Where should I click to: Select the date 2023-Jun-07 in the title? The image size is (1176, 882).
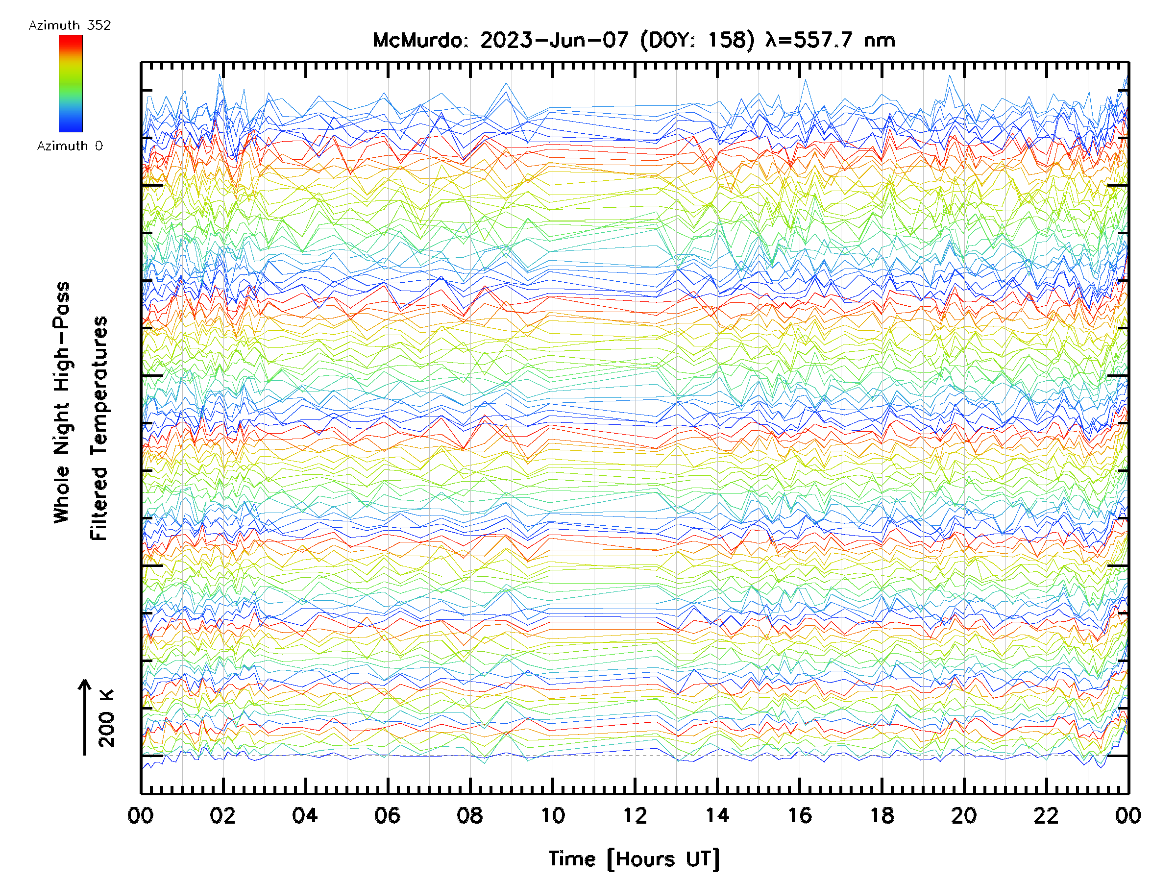click(554, 40)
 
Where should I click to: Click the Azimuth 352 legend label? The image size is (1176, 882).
click(70, 25)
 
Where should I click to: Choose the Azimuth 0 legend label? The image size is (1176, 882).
click(70, 146)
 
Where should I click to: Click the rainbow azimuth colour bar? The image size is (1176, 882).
click(71, 83)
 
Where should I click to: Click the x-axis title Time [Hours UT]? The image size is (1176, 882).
click(634, 859)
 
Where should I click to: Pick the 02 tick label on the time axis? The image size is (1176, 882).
click(222, 815)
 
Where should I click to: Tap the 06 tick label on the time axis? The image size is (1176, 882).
click(387, 815)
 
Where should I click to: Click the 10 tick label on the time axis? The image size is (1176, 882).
click(552, 815)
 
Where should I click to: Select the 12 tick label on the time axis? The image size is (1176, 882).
click(635, 815)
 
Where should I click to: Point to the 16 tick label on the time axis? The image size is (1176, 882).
click(800, 815)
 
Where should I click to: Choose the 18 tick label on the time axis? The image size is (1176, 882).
click(882, 815)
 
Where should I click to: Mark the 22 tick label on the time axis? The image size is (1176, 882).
click(1046, 815)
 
